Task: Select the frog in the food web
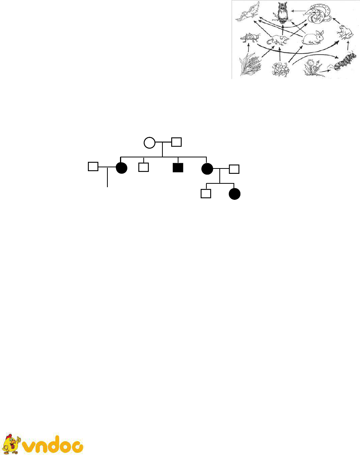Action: coord(346,32)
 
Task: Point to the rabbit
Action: coord(313,38)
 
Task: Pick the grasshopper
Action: coord(250,38)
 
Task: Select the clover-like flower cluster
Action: coord(281,70)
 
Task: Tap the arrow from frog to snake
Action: coord(336,21)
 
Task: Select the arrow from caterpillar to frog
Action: coord(348,46)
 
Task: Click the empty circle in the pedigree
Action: coord(149,143)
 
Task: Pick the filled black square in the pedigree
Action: coord(178,167)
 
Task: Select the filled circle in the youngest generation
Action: coord(235,194)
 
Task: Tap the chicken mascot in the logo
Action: coord(11,444)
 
